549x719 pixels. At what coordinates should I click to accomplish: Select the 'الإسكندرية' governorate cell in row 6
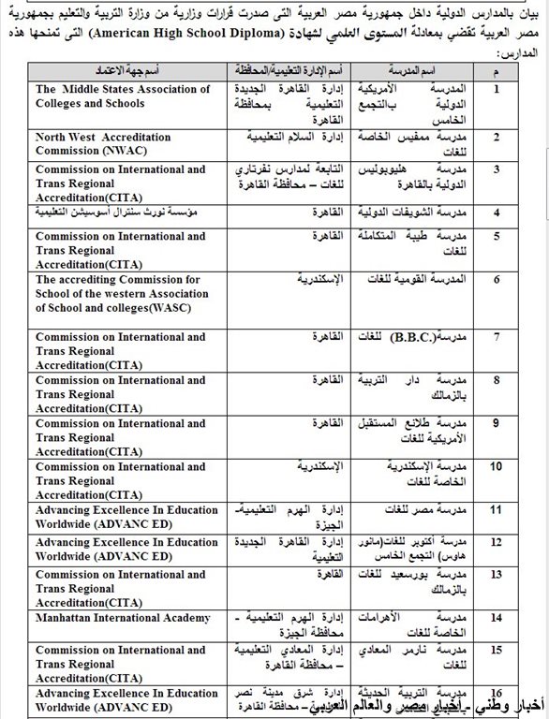322,279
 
